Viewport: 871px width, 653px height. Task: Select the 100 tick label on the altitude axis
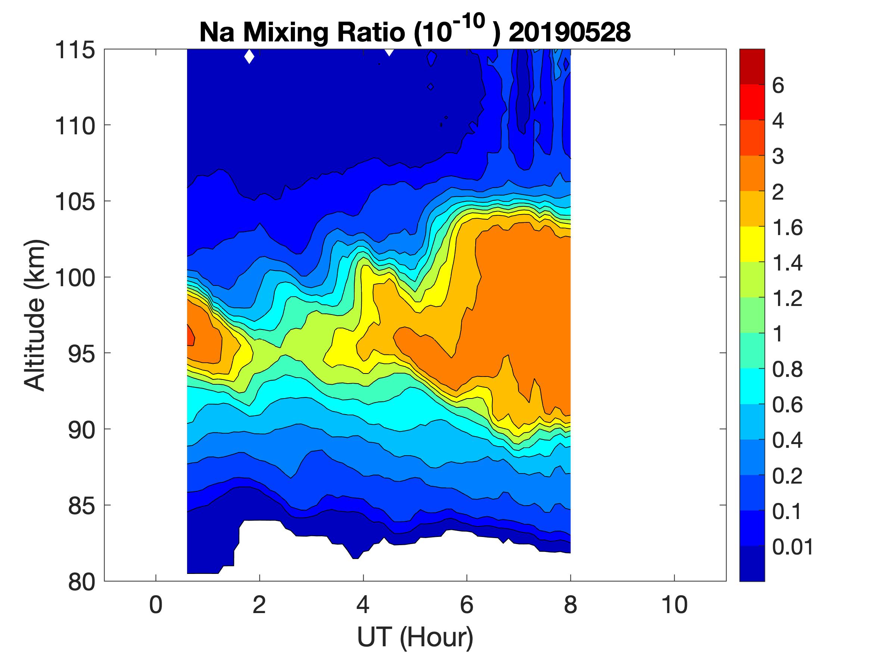pyautogui.click(x=75, y=278)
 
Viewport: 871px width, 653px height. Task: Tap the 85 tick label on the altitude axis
pyautogui.click(x=81, y=506)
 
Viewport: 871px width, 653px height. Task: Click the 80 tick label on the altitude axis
pyautogui.click(x=81, y=582)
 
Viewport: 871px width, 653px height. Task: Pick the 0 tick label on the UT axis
pyautogui.click(x=156, y=604)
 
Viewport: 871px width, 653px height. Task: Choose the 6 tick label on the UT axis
pyautogui.click(x=467, y=604)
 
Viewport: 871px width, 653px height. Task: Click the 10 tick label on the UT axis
pyautogui.click(x=675, y=604)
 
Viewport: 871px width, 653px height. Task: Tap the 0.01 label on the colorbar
pyautogui.click(x=792, y=547)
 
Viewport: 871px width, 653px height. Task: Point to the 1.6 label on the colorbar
pyautogui.click(x=787, y=228)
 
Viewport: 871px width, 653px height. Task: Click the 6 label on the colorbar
pyautogui.click(x=778, y=85)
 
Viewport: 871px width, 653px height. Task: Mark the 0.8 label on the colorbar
pyautogui.click(x=787, y=370)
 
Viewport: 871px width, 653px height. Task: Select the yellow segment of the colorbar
pyautogui.click(x=752, y=244)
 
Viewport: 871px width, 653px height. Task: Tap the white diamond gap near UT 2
pyautogui.click(x=249, y=57)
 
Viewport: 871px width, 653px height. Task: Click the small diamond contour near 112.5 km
pyautogui.click(x=430, y=87)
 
